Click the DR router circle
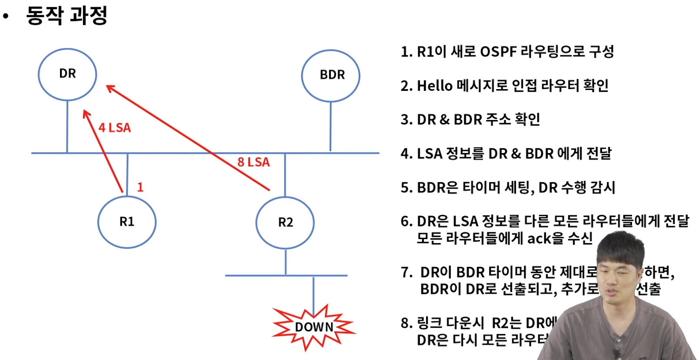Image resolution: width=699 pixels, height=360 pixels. [67, 74]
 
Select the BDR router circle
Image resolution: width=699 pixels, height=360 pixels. [331, 75]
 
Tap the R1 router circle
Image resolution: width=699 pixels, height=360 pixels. [126, 222]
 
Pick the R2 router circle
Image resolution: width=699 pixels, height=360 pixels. [285, 223]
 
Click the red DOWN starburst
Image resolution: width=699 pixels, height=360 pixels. [313, 327]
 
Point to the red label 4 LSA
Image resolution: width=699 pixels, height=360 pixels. [114, 128]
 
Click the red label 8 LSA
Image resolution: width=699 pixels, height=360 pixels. [253, 162]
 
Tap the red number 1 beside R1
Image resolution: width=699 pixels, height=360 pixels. [140, 187]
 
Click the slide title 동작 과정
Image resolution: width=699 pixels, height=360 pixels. [67, 16]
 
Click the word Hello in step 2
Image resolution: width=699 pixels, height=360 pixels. [435, 86]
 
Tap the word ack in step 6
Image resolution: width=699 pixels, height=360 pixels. [539, 238]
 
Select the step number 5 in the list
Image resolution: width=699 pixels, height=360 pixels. [405, 187]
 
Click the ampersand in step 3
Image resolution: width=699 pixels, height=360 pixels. [444, 120]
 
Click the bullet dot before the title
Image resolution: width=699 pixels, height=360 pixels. [6, 17]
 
